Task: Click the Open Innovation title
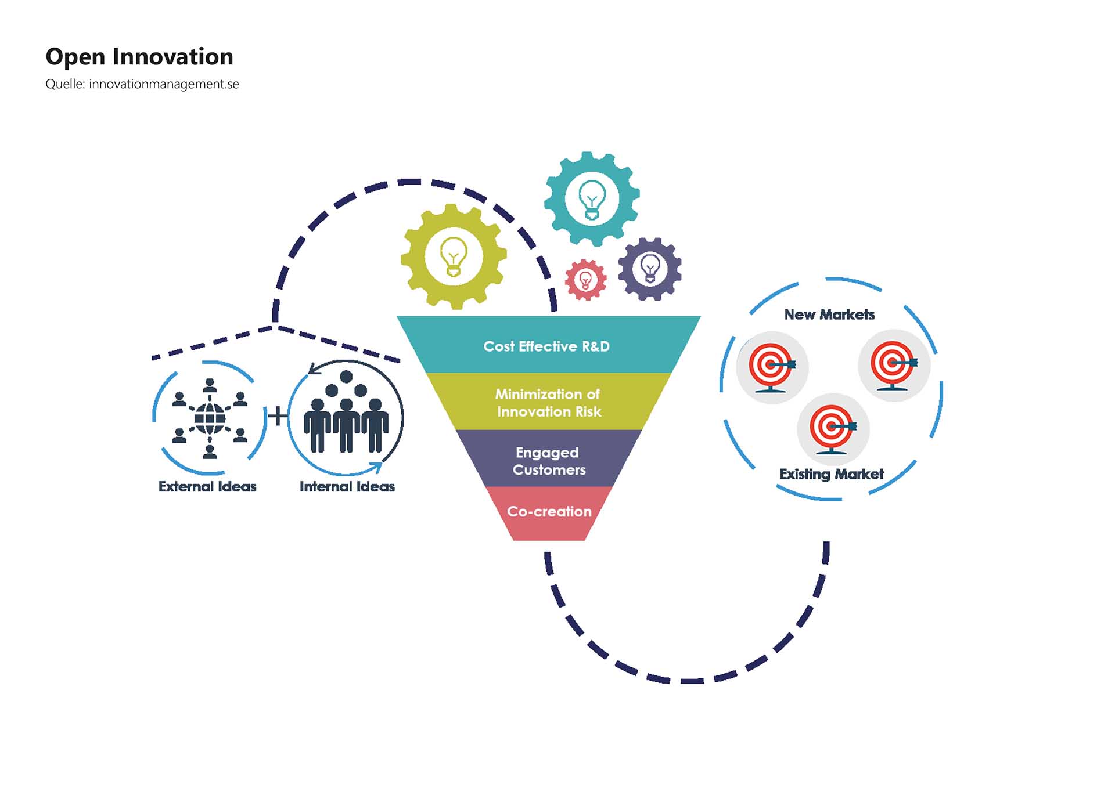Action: [x=139, y=57]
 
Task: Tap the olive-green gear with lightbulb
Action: [x=454, y=256]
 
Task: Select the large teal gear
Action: [x=592, y=198]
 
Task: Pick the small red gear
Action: [x=585, y=280]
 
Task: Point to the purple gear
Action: [x=650, y=269]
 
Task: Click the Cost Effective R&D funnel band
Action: [x=546, y=346]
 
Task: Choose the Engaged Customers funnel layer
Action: [x=549, y=461]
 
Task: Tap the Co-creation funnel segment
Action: [x=549, y=512]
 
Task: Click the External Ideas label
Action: [x=207, y=487]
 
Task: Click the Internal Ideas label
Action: [x=347, y=487]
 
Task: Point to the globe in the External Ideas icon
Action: [x=210, y=418]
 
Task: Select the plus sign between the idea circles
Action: [x=278, y=416]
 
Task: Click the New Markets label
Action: [x=829, y=315]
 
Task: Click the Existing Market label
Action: [x=832, y=474]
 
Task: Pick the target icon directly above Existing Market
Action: [x=833, y=429]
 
